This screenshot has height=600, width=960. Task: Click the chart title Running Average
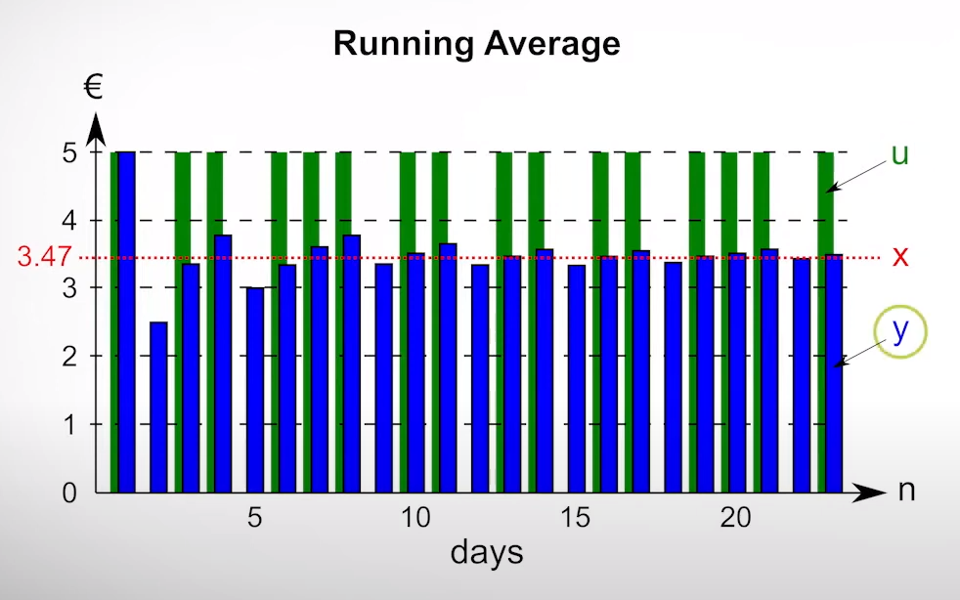pyautogui.click(x=476, y=44)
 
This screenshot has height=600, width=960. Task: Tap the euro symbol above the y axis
pyautogui.click(x=94, y=88)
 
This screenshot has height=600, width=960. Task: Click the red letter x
pyautogui.click(x=900, y=257)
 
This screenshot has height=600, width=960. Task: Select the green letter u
pyautogui.click(x=900, y=155)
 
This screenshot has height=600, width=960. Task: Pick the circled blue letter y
pyautogui.click(x=900, y=331)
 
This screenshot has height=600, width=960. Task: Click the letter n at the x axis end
pyautogui.click(x=907, y=491)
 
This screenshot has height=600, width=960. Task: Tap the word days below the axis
pyautogui.click(x=486, y=553)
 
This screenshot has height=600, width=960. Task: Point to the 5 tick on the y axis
pyautogui.click(x=69, y=153)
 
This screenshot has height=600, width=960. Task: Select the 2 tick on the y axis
pyautogui.click(x=69, y=357)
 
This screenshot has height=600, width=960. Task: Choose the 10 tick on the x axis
pyautogui.click(x=415, y=518)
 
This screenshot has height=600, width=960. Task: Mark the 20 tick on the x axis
pyautogui.click(x=736, y=518)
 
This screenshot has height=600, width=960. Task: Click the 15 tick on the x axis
pyautogui.click(x=576, y=518)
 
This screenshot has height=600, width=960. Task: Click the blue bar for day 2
pyautogui.click(x=158, y=407)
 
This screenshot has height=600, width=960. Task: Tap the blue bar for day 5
pyautogui.click(x=255, y=391)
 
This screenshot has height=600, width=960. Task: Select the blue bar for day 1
pyautogui.click(x=126, y=322)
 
